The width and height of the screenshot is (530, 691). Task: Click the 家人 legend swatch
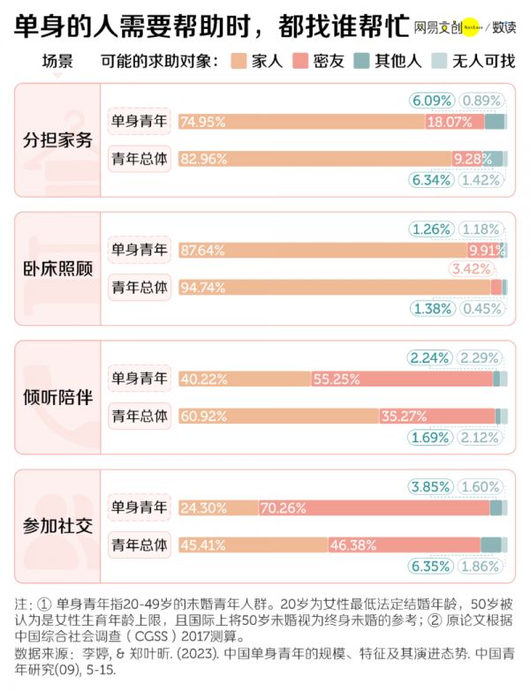pyautogui.click(x=238, y=62)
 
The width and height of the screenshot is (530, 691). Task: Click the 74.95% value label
pyautogui.click(x=203, y=123)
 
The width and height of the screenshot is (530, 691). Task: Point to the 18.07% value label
pyautogui.click(x=450, y=123)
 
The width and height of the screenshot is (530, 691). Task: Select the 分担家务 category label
pyautogui.click(x=57, y=141)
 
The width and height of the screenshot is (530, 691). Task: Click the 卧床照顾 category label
pyautogui.click(x=57, y=269)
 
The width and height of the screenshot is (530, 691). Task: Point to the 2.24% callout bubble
pyautogui.click(x=430, y=357)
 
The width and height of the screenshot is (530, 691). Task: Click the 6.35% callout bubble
pyautogui.click(x=432, y=566)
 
